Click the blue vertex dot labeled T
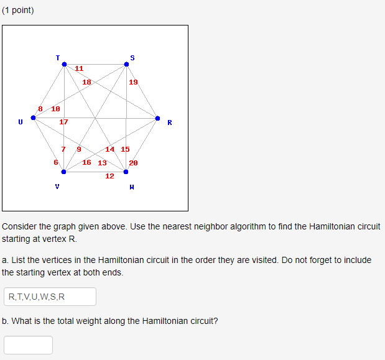click(63, 64)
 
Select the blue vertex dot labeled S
click(126, 64)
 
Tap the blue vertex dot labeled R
click(157, 118)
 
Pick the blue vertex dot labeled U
click(33, 118)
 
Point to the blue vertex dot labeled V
click(63, 172)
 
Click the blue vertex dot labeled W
click(126, 172)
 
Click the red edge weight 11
click(80, 68)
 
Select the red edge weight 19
click(134, 82)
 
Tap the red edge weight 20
click(134, 163)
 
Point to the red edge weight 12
click(109, 176)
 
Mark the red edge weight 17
click(63, 122)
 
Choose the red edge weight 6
click(56, 162)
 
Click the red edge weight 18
click(87, 82)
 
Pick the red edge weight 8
click(40, 109)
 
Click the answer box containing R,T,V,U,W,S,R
click(50, 297)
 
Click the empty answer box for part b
click(28, 345)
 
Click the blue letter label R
click(169, 122)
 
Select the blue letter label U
click(21, 122)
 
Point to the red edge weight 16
click(86, 162)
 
